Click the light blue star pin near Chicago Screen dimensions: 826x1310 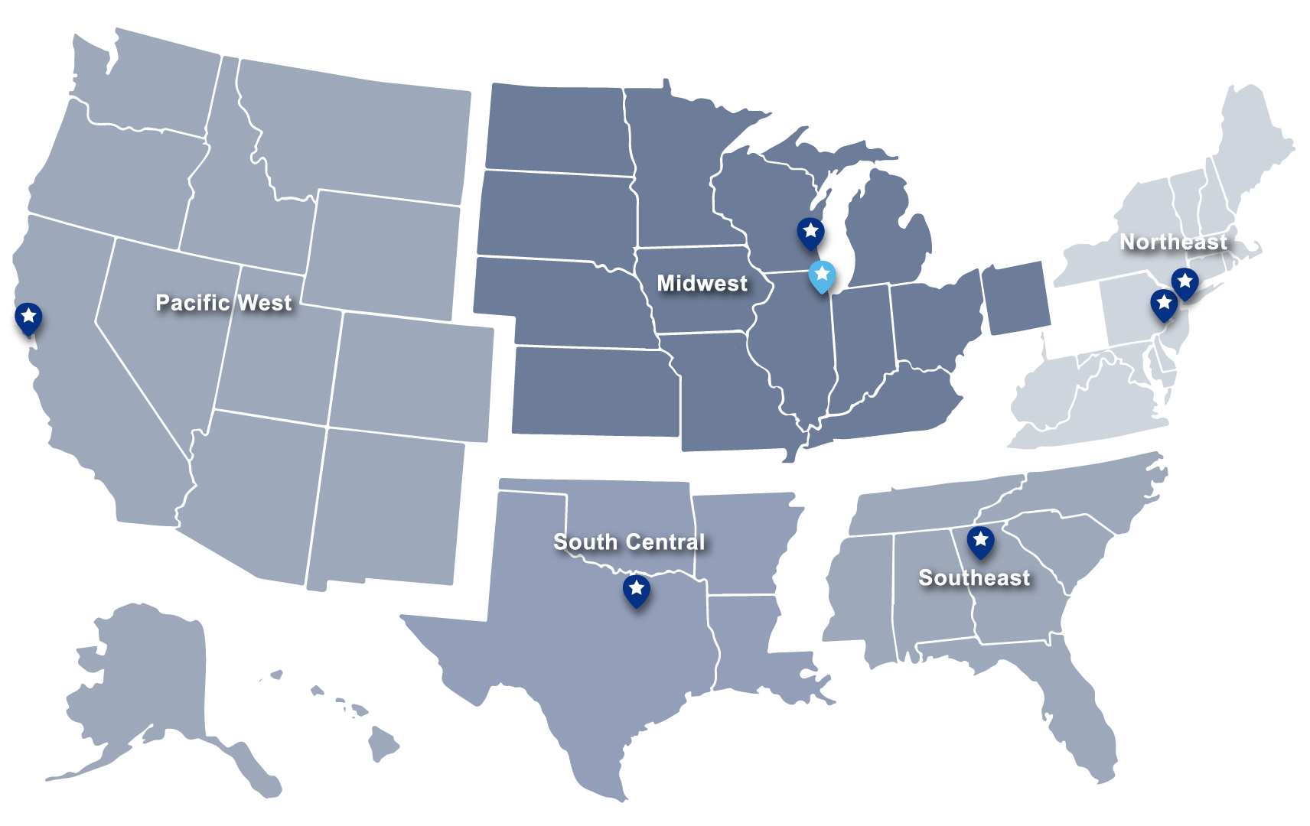click(821, 275)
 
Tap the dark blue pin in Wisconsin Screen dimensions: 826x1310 click(810, 232)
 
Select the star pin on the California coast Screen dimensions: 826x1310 click(28, 317)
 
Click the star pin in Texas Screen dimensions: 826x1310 click(636, 590)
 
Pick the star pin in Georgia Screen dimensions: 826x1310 click(980, 541)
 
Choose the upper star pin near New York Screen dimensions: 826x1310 click(1185, 282)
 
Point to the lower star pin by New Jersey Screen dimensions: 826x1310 click(1164, 304)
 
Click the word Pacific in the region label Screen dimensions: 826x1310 click(192, 303)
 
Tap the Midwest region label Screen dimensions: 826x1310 click(702, 284)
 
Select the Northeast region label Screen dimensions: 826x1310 click(1173, 242)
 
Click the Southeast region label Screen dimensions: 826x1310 click(974, 578)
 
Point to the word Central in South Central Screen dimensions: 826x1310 click(664, 542)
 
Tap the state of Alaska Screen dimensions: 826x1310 click(145, 688)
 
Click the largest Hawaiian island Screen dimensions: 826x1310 click(383, 743)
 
